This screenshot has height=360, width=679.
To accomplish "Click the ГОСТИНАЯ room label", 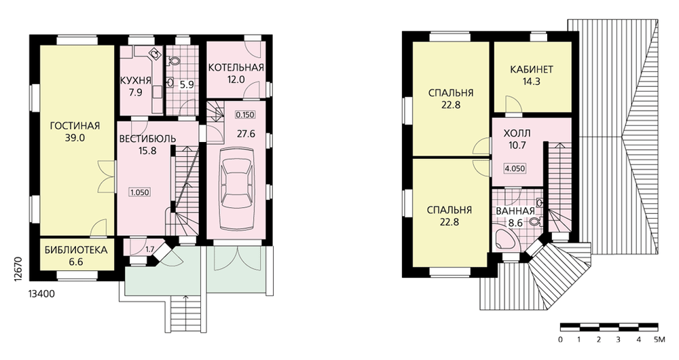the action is click(x=75, y=126).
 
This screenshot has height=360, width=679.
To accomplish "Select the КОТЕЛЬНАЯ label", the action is click(x=236, y=67).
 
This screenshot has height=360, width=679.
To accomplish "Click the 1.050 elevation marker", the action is click(x=140, y=192).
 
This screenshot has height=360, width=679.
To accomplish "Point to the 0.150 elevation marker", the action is click(x=245, y=115).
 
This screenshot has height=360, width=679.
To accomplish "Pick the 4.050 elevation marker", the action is click(x=515, y=168).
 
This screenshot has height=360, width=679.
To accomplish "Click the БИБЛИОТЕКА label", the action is click(x=76, y=250).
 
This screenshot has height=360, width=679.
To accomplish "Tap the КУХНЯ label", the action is click(x=136, y=80).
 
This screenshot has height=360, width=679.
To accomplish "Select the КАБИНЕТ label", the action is click(x=532, y=69).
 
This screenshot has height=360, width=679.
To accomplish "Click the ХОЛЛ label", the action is click(x=517, y=133).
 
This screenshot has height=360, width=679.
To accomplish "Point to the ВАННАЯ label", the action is click(x=515, y=211).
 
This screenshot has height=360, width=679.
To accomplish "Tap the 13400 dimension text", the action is click(x=41, y=294).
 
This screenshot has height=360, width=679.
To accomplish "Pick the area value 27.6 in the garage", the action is click(x=246, y=134).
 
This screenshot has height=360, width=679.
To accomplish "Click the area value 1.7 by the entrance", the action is click(x=150, y=249).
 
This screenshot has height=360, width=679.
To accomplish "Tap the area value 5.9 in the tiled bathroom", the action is click(x=187, y=85).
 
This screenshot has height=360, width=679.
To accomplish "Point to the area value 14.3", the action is click(x=532, y=82).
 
